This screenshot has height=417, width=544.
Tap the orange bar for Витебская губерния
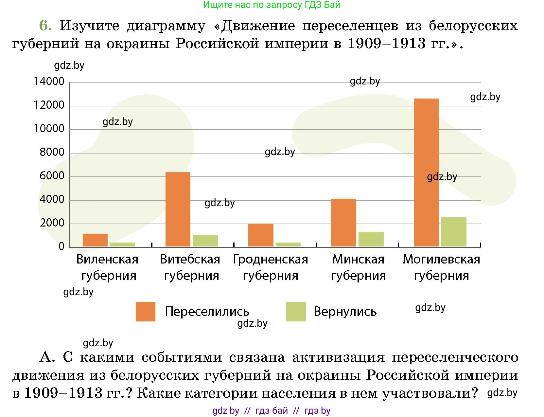[178, 209]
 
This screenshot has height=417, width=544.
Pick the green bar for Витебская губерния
[205, 241]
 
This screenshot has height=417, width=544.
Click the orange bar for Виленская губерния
[95, 240]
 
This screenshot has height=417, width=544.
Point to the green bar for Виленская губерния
[122, 244]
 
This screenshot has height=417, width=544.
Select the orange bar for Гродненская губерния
[261, 235]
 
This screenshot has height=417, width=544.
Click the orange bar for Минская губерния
[343, 223]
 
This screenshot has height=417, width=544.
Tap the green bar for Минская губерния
[371, 239]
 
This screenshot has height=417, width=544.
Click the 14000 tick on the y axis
[49, 81]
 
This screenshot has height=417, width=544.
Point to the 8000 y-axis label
[52, 152]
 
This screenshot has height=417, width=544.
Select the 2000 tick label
[52, 223]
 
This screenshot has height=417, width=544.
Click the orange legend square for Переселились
[145, 312]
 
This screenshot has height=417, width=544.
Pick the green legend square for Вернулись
[296, 312]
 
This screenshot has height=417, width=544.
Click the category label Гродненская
[270, 259]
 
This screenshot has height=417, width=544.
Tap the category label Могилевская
[441, 259]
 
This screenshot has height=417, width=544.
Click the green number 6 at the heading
[45, 26]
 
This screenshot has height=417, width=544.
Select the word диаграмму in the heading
[166, 26]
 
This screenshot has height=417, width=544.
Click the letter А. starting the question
[47, 357]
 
